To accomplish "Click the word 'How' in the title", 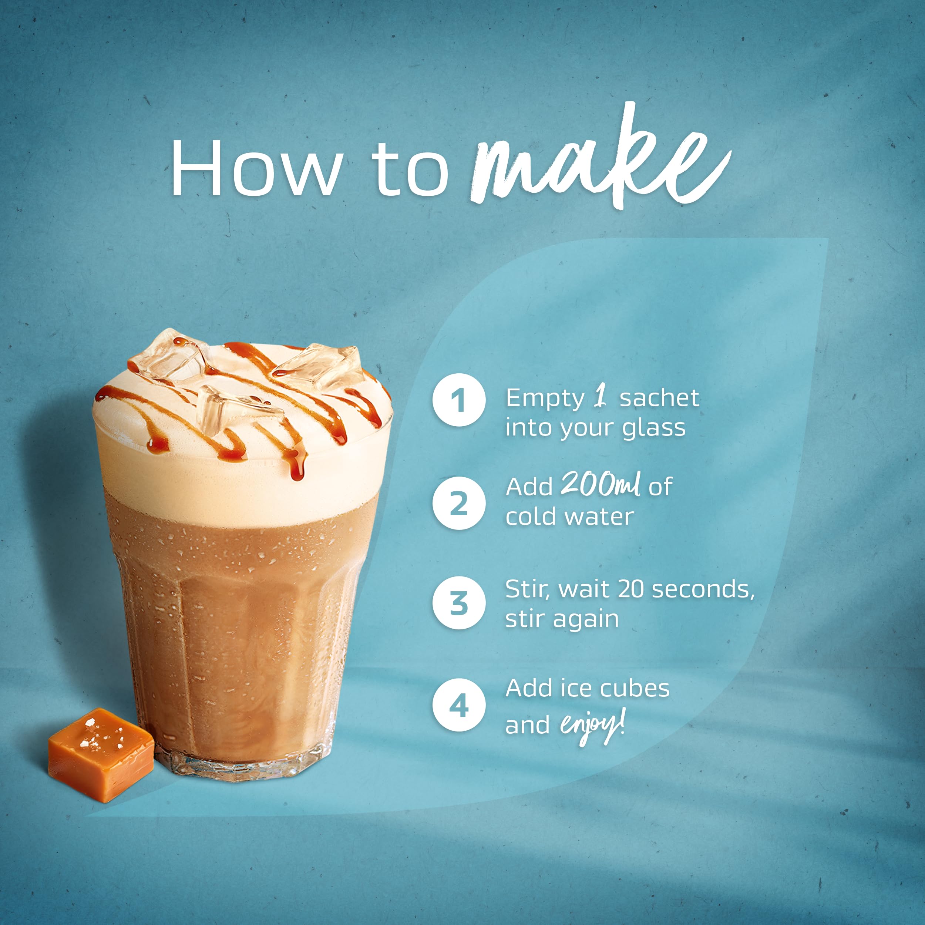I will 256,168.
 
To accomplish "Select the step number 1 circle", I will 459,400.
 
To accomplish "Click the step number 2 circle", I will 459,503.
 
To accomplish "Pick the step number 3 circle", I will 459,603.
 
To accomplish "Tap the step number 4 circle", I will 459,705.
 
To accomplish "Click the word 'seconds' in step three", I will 702,589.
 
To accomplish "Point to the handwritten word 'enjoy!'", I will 592,726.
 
